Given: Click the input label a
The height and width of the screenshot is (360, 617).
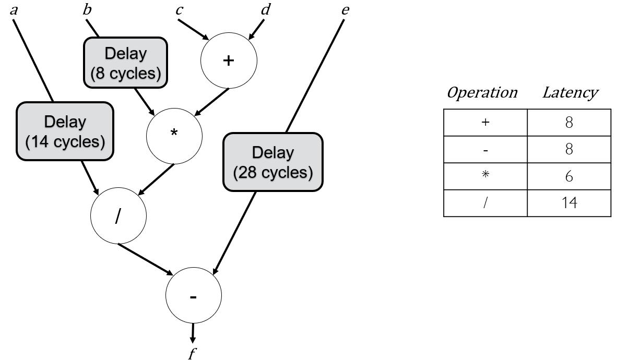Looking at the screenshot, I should [x=14, y=9].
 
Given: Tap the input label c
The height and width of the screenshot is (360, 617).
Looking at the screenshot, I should [x=179, y=9].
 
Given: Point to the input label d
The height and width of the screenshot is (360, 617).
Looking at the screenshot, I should [x=265, y=9].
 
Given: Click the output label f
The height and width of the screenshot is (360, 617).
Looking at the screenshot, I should [x=192, y=354].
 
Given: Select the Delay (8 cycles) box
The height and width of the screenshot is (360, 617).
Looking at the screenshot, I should [x=125, y=62].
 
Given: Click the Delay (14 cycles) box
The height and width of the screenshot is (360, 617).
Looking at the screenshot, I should [x=65, y=130].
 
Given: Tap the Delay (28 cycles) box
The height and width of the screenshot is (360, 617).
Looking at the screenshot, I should [x=273, y=161].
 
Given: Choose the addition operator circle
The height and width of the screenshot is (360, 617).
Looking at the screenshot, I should [x=229, y=61].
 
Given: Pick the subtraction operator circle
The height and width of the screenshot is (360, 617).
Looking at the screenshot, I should [x=193, y=296].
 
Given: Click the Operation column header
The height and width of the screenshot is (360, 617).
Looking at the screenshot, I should [x=482, y=93].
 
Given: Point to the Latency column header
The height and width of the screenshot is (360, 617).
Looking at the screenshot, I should [x=569, y=93].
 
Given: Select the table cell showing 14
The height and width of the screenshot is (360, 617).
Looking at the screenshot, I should [x=568, y=202].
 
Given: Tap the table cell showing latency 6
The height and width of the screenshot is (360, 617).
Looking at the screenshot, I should [x=568, y=176].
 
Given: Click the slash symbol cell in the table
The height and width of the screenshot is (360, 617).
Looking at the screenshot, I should [x=485, y=202].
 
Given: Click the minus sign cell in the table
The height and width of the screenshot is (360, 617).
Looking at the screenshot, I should [x=485, y=149].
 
